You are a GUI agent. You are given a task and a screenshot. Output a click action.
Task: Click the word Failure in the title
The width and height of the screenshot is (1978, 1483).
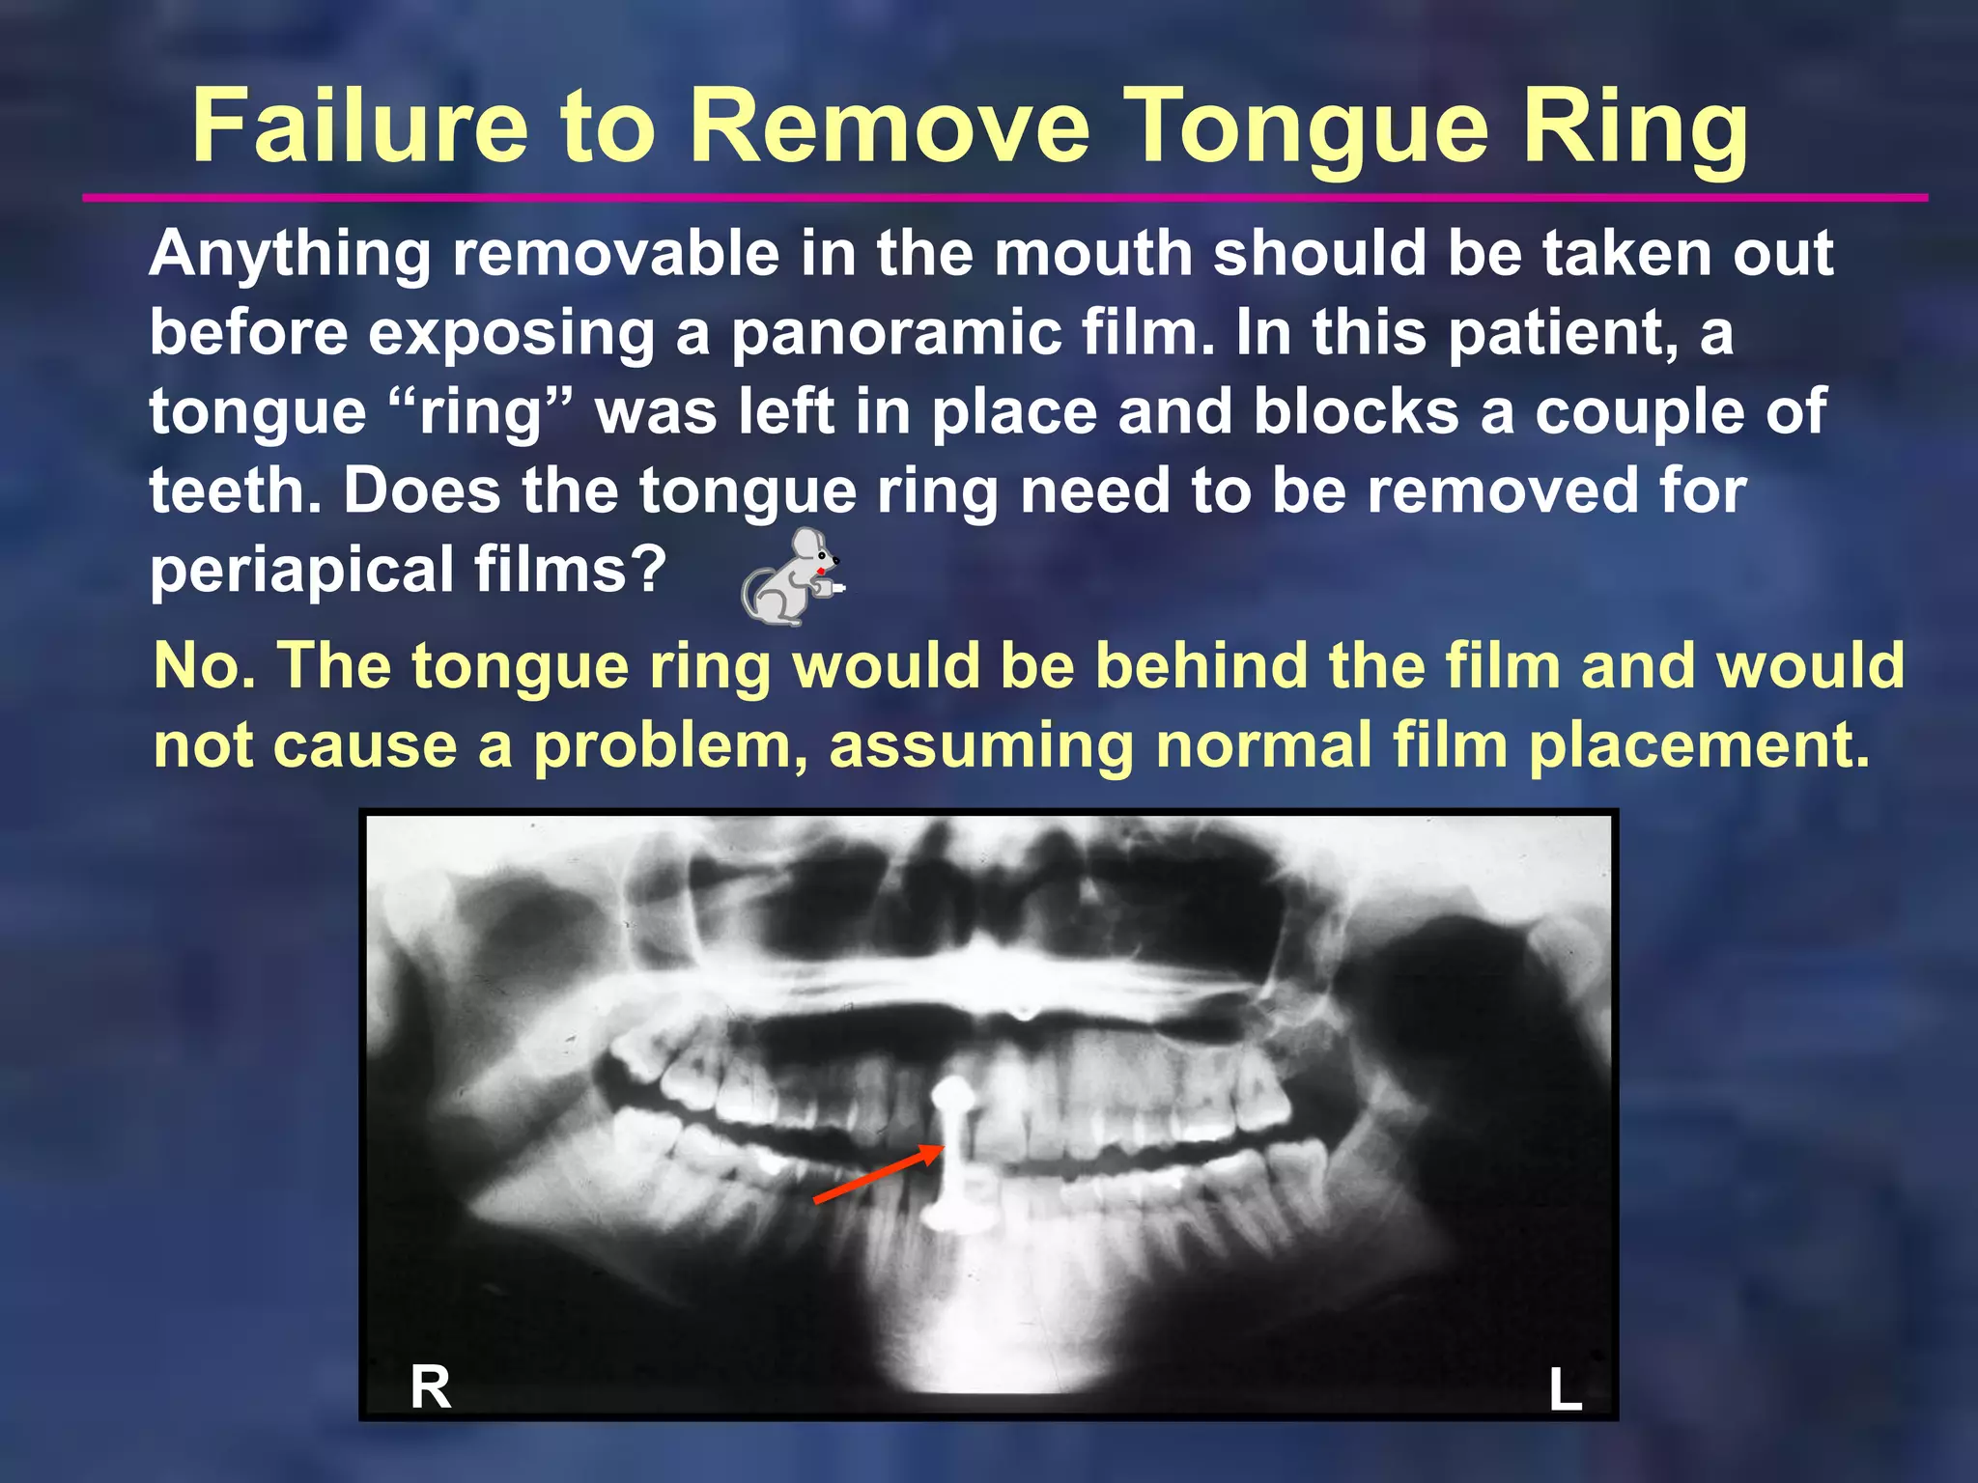tap(359, 127)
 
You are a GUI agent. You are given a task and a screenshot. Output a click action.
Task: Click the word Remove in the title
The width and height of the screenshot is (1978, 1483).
tap(890, 127)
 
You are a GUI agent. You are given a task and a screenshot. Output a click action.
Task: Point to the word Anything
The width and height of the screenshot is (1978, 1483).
tap(290, 256)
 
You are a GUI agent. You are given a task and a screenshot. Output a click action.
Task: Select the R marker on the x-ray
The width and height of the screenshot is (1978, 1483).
tap(431, 1388)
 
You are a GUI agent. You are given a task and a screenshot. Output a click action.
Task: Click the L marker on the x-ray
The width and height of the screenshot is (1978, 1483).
tap(1566, 1391)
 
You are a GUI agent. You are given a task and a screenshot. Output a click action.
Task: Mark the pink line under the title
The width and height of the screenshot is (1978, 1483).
tap(1004, 198)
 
